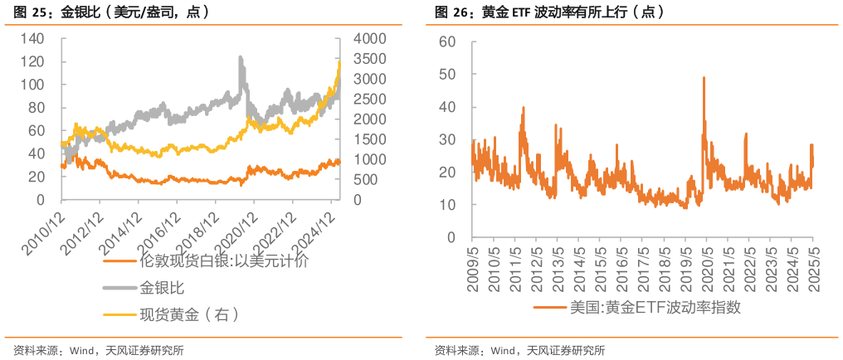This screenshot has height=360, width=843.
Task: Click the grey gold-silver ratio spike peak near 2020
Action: tap(241, 56)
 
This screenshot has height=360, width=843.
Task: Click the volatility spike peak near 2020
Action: tap(704, 77)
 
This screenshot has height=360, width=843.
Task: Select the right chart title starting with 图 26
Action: tap(548, 13)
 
